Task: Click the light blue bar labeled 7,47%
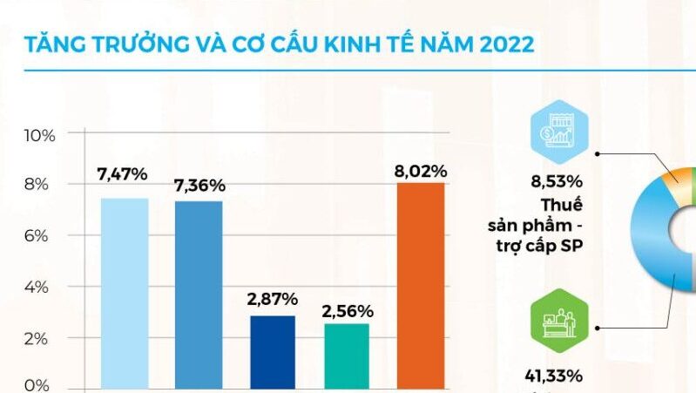[125, 292]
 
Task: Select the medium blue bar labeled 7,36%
[199, 294]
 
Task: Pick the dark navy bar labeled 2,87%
[272, 351]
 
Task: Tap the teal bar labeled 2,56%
[347, 355]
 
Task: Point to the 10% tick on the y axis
[40, 135]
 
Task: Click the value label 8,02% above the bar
[421, 171]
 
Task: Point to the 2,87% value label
[272, 299]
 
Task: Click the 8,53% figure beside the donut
[557, 183]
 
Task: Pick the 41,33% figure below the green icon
[553, 376]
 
